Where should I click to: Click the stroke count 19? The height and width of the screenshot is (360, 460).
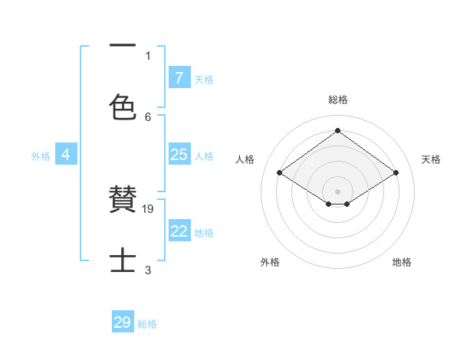click(149, 208)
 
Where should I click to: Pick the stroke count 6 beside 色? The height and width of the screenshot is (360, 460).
click(148, 116)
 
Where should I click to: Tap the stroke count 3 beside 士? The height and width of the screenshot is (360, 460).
click(148, 270)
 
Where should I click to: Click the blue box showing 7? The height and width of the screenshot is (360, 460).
click(179, 77)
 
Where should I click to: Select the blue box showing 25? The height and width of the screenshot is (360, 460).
click(179, 155)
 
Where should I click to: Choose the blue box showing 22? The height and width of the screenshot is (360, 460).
click(179, 231)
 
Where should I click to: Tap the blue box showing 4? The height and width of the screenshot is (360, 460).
click(65, 155)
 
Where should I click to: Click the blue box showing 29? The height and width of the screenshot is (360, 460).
click(122, 322)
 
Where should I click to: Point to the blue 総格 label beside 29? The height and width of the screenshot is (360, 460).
click(147, 324)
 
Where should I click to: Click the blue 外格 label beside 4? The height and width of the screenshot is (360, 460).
click(41, 156)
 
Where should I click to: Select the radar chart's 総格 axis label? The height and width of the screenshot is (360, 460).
click(338, 100)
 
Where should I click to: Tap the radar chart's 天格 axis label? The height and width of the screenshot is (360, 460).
click(431, 159)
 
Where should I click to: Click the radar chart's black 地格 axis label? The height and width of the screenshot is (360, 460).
click(402, 262)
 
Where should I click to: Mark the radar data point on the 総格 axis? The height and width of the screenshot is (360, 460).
click(337, 131)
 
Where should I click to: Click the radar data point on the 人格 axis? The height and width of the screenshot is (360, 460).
click(279, 173)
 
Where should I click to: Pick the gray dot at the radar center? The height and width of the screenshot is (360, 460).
click(337, 191)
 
